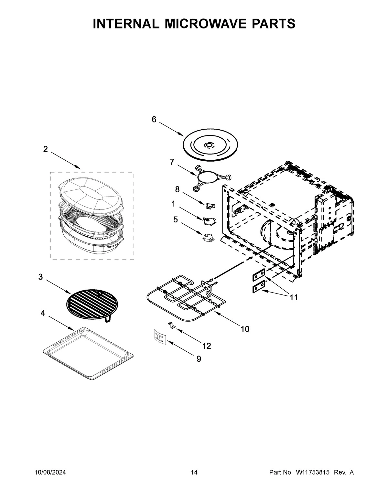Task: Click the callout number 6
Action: click(x=154, y=120)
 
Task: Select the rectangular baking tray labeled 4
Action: click(x=88, y=353)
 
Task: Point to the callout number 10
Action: click(x=245, y=329)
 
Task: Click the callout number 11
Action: click(x=294, y=297)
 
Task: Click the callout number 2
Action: click(x=45, y=149)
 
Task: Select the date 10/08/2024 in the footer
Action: click(x=50, y=472)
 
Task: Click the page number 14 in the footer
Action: click(x=194, y=472)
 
